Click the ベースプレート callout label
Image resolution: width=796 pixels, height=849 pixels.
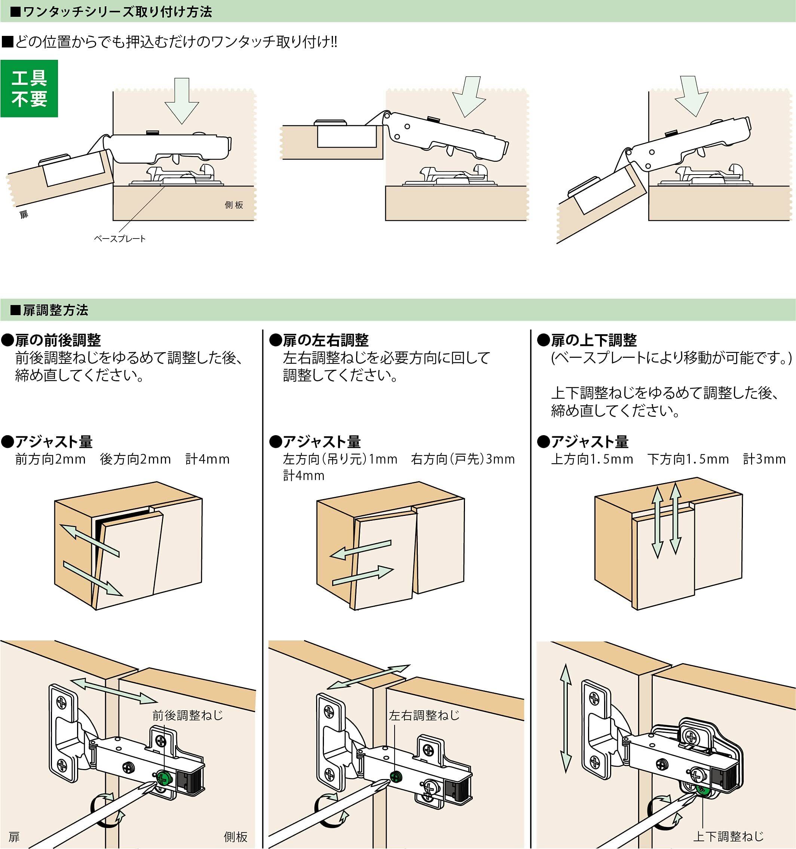(120, 239)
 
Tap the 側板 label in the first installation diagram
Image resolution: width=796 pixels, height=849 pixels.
(234, 205)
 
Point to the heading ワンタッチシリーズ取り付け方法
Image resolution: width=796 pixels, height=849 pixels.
(117, 12)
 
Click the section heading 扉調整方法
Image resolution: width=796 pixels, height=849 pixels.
(55, 310)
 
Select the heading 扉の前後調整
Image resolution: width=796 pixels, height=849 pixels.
(58, 340)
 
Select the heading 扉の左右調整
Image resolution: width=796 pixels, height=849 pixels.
(325, 340)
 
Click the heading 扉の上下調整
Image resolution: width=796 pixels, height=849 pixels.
(594, 340)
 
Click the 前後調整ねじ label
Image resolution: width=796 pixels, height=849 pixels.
(187, 715)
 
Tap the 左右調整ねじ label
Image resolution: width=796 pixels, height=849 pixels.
(424, 715)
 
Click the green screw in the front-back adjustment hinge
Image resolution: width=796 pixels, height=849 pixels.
(163, 777)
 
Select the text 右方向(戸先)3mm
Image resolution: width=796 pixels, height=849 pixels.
(463, 459)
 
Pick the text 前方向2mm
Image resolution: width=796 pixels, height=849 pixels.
(50, 459)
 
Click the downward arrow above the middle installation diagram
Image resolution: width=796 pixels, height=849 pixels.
(469, 96)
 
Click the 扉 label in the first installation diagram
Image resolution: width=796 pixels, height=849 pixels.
(24, 214)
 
